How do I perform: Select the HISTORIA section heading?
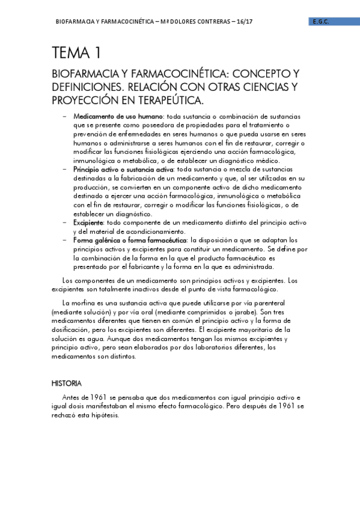click(67, 383)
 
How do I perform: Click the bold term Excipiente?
click(88, 223)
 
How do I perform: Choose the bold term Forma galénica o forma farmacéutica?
click(130, 241)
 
